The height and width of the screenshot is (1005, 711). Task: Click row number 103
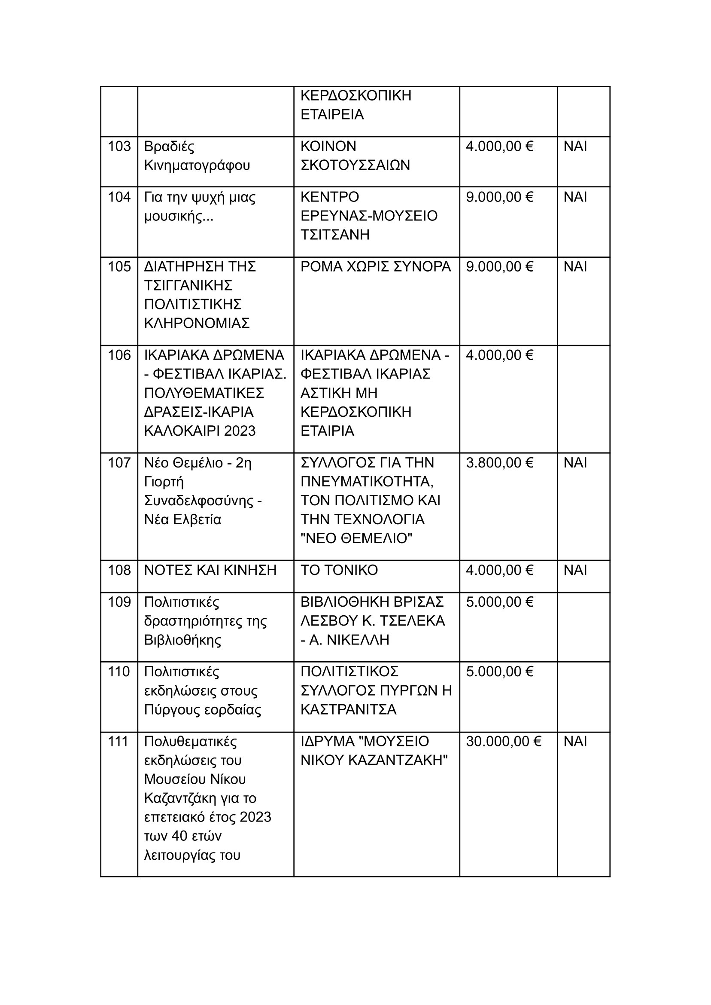[119, 147]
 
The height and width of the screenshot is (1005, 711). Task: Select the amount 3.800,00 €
[499, 463]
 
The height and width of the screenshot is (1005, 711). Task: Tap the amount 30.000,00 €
[504, 741]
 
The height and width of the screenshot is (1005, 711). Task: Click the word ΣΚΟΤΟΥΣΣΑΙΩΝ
[355, 165]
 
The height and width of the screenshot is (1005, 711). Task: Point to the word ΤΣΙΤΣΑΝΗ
[335, 235]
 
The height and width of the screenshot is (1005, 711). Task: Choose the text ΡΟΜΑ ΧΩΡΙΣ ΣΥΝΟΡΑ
[375, 266]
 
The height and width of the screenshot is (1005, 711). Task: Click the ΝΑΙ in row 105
[575, 266]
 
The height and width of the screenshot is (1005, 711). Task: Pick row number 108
[119, 570]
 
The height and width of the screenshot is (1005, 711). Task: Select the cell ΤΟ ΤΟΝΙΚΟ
[339, 570]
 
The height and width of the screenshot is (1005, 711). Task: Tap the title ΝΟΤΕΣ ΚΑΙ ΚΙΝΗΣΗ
[210, 570]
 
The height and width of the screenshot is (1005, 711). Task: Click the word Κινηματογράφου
[197, 165]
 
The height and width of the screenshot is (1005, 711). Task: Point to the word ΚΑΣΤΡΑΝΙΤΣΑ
[348, 709]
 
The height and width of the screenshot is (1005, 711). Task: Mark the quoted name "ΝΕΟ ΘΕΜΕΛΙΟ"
[356, 538]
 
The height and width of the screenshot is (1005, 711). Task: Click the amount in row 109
[499, 602]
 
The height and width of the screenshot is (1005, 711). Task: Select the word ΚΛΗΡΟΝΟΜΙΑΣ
[197, 323]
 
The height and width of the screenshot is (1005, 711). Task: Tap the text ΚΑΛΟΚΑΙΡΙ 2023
[200, 431]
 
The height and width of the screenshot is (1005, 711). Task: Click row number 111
[118, 741]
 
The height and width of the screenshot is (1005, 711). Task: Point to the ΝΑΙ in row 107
[575, 463]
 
